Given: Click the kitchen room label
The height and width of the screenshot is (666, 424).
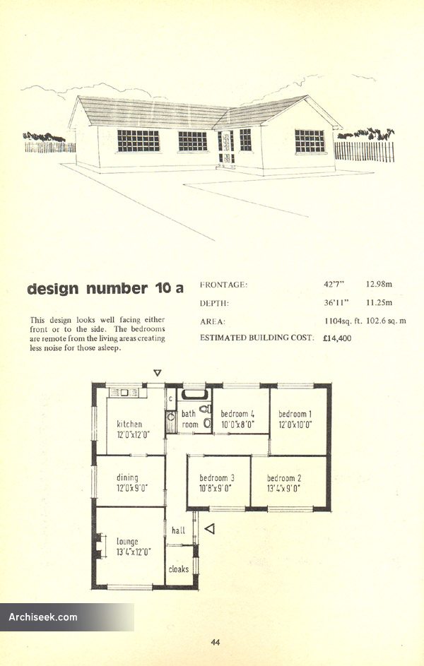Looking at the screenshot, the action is pyautogui.click(x=129, y=424).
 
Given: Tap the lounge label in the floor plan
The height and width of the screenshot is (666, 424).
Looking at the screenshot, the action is pyautogui.click(x=127, y=541).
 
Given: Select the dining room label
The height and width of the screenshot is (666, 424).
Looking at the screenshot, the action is pyautogui.click(x=127, y=477).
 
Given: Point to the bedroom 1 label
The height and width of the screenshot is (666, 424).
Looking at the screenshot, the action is pyautogui.click(x=295, y=414).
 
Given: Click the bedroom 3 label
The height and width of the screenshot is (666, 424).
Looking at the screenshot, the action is pyautogui.click(x=217, y=478).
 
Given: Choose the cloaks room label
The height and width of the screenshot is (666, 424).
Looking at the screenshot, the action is pyautogui.click(x=179, y=569).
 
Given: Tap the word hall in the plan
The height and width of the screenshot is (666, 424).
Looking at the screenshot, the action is pyautogui.click(x=179, y=530).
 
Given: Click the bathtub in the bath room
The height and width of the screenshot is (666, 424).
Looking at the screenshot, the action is pyautogui.click(x=194, y=395).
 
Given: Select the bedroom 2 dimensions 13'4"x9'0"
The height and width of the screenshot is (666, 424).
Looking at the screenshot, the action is pyautogui.click(x=283, y=488).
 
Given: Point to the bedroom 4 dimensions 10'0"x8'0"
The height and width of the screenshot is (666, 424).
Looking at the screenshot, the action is pyautogui.click(x=237, y=424).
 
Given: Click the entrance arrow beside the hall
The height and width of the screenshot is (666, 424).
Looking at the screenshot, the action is pyautogui.click(x=209, y=529).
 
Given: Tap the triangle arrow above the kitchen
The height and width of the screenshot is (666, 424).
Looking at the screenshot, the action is pyautogui.click(x=157, y=373).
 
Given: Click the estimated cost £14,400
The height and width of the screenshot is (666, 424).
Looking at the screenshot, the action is pyautogui.click(x=337, y=338).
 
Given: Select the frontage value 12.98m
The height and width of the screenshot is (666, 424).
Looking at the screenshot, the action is pyautogui.click(x=379, y=284).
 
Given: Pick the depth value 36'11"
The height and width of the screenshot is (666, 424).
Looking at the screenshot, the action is pyautogui.click(x=335, y=302).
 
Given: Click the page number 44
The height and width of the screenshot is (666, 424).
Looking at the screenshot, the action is pyautogui.click(x=216, y=643).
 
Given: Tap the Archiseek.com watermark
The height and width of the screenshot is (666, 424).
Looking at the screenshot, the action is pyautogui.click(x=43, y=617).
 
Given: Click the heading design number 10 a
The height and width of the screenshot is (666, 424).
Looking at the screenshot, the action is pyautogui.click(x=105, y=288).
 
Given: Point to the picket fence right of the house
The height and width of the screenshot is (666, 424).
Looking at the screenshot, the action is pyautogui.click(x=364, y=151).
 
